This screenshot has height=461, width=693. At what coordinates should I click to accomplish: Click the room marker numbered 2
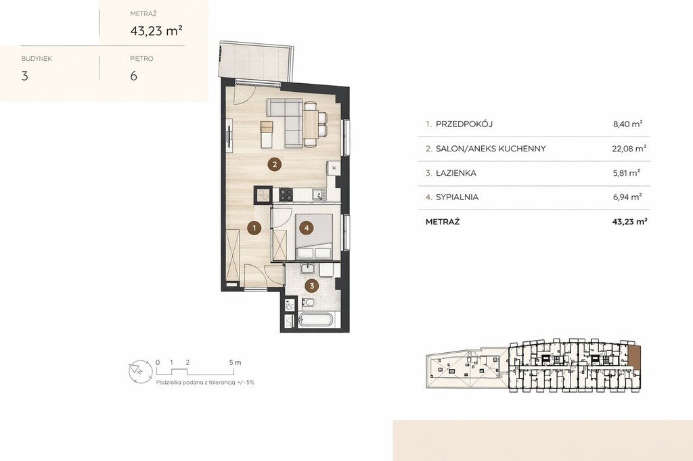[x=275, y=165]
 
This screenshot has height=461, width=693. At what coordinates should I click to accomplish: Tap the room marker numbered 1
[x=254, y=228]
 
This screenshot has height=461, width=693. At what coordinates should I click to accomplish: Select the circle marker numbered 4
[x=307, y=228]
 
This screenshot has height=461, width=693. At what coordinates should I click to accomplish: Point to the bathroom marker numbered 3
[x=311, y=286]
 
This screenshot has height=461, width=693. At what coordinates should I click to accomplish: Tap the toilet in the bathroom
[x=308, y=302]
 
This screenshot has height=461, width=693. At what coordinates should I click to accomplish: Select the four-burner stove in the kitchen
[x=286, y=194]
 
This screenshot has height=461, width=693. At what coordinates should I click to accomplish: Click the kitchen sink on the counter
[x=319, y=194]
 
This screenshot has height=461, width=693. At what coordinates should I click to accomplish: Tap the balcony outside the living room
[x=254, y=62]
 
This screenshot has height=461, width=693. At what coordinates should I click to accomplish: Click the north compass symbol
[x=140, y=372]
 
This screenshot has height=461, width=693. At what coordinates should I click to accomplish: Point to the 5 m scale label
[x=235, y=362]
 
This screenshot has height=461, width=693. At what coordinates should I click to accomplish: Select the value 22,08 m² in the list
[x=629, y=148]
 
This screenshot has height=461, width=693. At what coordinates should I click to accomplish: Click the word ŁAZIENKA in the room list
[x=456, y=173]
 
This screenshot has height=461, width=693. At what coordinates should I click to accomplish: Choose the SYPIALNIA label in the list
[x=457, y=197]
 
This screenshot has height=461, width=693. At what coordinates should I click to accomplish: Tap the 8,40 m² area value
[x=627, y=124]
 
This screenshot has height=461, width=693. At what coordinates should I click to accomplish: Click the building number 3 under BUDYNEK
[x=25, y=76]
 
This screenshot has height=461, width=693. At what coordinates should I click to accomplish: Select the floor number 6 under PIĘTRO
[x=133, y=76]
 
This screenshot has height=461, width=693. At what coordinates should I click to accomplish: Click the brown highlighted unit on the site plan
[x=634, y=356]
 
